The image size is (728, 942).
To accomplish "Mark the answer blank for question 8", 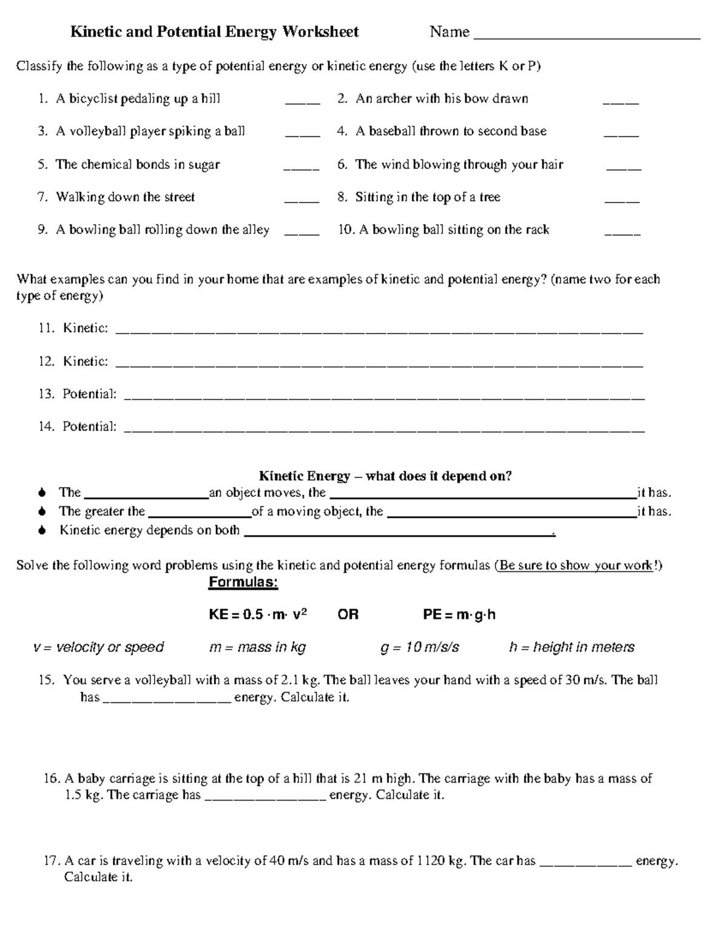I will (x=622, y=201).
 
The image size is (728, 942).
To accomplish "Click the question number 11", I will (x=46, y=328).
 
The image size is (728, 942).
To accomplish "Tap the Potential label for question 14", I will (x=89, y=426).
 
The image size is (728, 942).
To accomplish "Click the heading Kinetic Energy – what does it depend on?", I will (x=385, y=476).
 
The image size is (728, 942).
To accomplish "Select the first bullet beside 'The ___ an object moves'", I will (x=41, y=493).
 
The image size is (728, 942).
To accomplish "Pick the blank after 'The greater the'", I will (x=200, y=516).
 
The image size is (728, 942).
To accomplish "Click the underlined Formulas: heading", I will (x=243, y=583).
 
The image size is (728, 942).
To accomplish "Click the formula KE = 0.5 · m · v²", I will (x=258, y=614).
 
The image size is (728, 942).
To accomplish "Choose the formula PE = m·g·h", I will (x=459, y=614).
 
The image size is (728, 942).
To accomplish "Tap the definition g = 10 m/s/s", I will (x=420, y=647).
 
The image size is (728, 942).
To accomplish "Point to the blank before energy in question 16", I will (x=266, y=799).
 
